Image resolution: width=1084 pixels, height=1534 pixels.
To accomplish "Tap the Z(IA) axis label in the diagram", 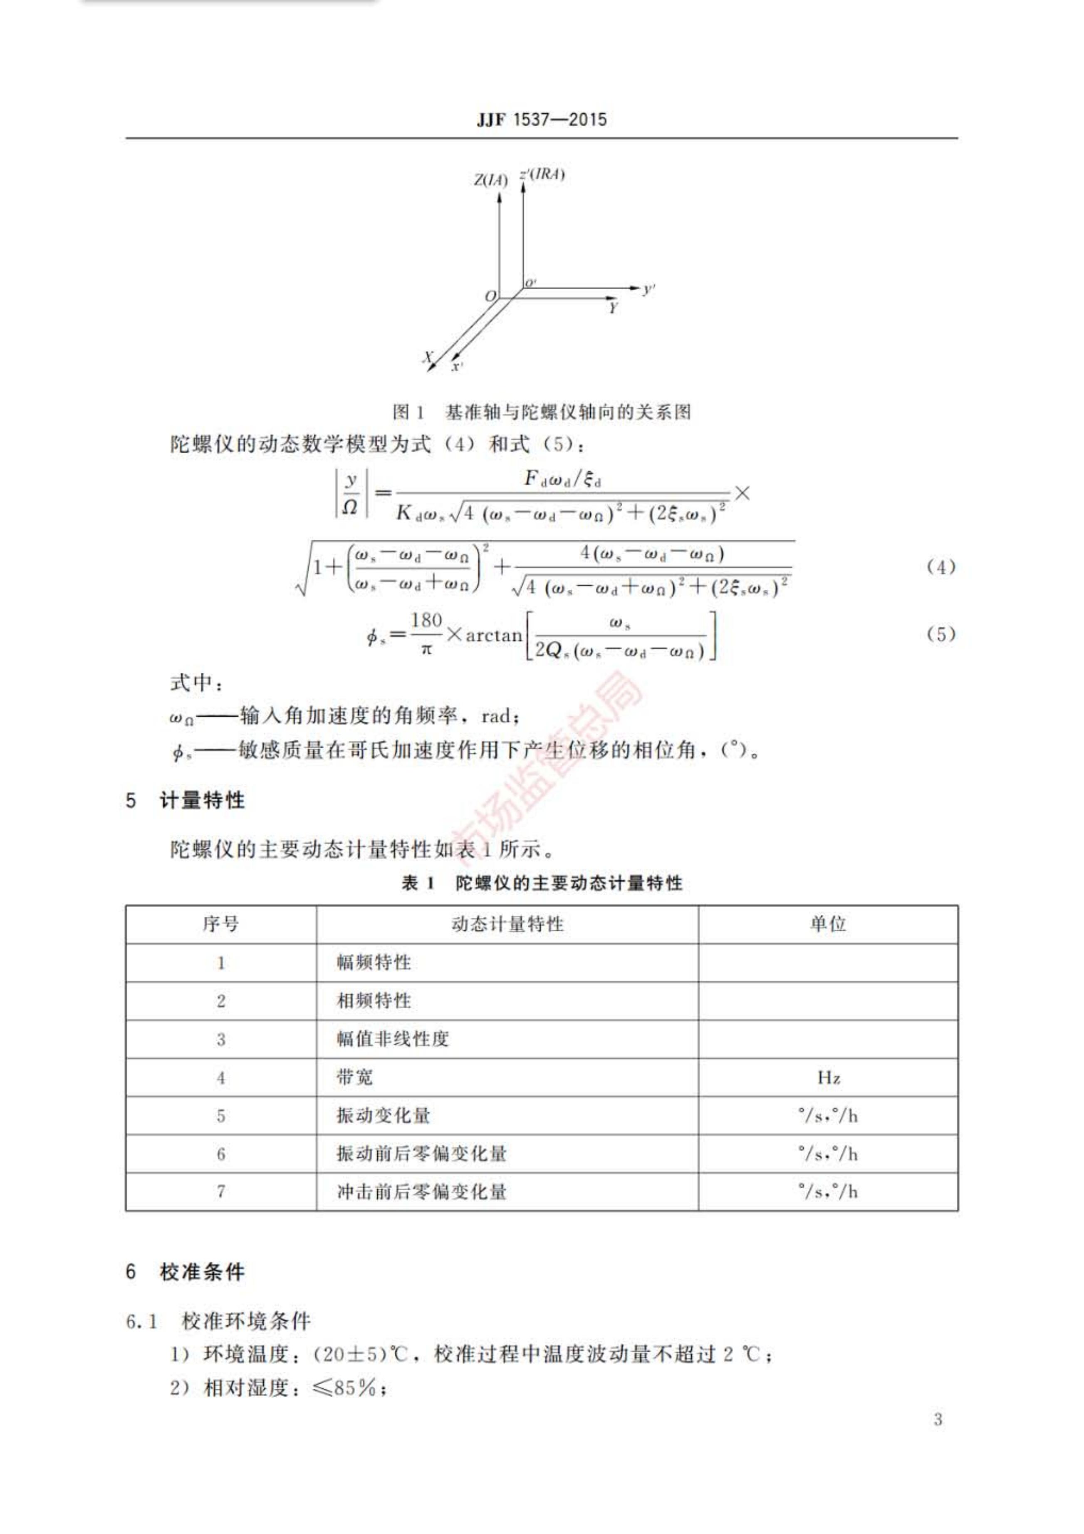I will (x=490, y=180).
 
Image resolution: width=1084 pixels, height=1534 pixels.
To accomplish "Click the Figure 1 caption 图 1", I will (x=408, y=412).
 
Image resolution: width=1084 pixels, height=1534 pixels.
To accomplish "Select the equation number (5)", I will (x=940, y=634).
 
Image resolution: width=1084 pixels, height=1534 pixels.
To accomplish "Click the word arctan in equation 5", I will (x=494, y=635).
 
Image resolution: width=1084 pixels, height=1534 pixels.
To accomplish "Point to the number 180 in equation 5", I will (x=426, y=621).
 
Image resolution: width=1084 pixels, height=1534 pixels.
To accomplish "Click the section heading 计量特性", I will (x=203, y=800).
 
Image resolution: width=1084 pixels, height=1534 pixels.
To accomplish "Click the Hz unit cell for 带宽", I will (x=828, y=1078).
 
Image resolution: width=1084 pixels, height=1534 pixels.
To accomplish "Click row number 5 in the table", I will (x=220, y=1116).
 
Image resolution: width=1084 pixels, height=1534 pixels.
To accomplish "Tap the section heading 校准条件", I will (x=203, y=1271).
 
